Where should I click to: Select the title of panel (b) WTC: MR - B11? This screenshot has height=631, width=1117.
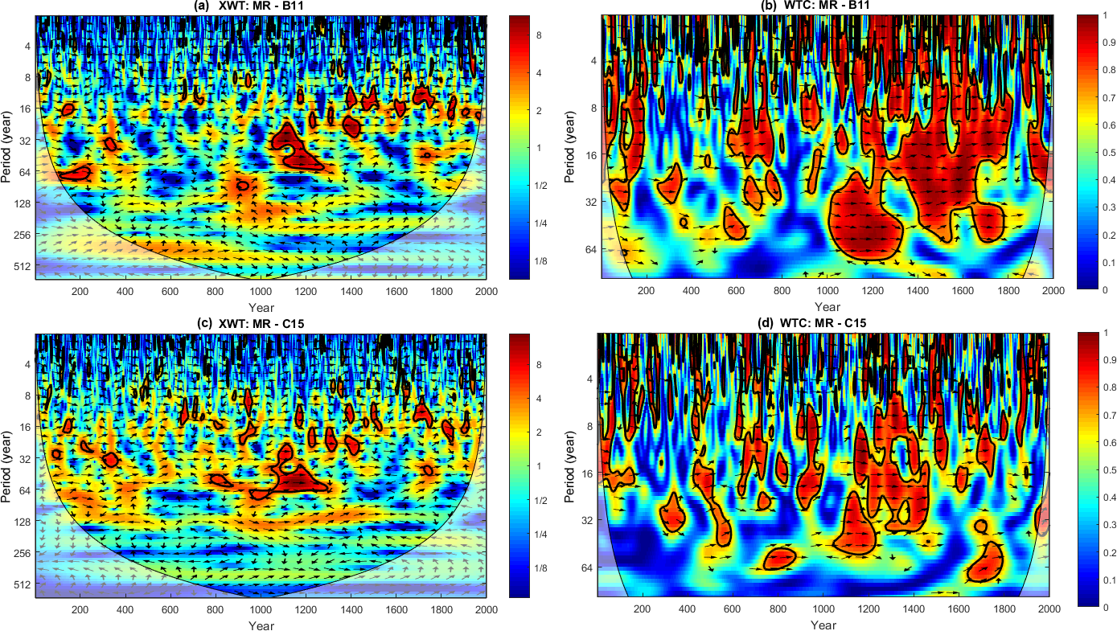pyautogui.click(x=825, y=6)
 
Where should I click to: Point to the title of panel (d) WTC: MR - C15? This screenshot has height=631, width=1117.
pyautogui.click(x=825, y=324)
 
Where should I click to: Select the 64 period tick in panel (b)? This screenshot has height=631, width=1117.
pyautogui.click(x=589, y=250)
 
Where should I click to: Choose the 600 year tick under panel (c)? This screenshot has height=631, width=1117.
pyautogui.click(x=170, y=609)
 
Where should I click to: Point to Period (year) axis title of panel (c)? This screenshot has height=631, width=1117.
pyautogui.click(x=7, y=465)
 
